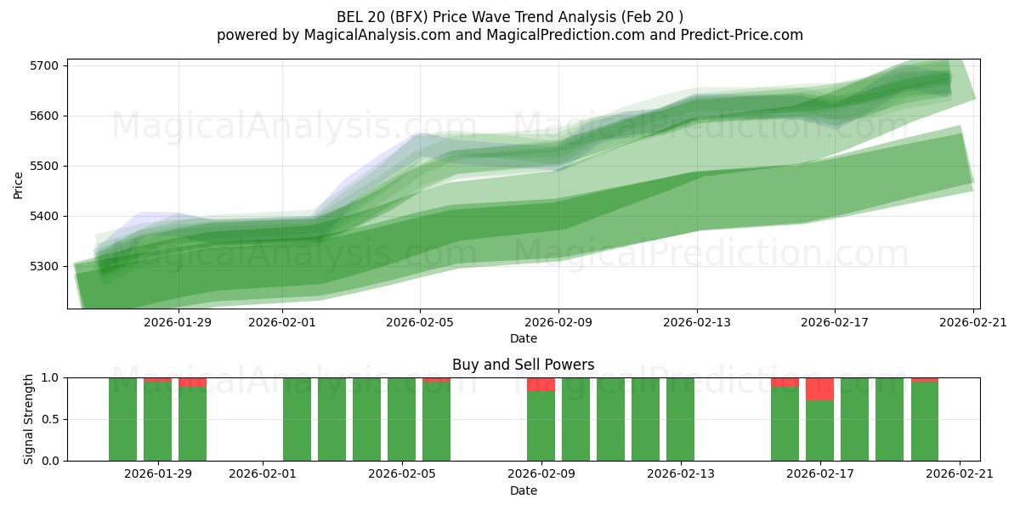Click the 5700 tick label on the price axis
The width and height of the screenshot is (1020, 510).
click(44, 65)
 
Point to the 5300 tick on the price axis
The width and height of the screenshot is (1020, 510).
click(44, 266)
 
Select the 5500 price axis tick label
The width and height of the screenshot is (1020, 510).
click(44, 166)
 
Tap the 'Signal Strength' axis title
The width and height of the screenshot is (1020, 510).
click(29, 419)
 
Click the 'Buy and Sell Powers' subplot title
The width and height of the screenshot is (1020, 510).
click(523, 365)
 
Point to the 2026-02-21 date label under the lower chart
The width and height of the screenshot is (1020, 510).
click(960, 473)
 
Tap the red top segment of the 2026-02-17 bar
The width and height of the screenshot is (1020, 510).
click(819, 388)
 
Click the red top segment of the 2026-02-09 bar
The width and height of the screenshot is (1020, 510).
click(541, 384)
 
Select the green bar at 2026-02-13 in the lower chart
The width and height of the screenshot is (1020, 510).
click(680, 419)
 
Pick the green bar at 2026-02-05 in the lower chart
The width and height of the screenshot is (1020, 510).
click(436, 421)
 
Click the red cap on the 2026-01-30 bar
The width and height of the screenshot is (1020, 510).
click(192, 382)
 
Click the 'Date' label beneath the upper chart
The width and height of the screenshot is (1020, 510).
click(523, 338)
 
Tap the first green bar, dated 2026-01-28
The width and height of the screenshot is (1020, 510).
click(122, 419)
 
